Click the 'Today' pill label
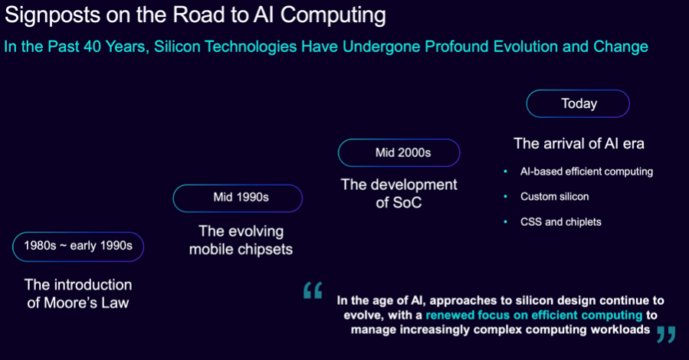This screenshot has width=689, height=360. point(578,103)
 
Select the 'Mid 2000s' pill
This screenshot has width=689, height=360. point(399,152)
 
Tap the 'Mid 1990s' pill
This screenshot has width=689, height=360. point(238,198)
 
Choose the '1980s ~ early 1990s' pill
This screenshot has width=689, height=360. point(78,247)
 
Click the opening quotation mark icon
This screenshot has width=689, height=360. point(313,290)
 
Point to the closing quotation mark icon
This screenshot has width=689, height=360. point(666,335)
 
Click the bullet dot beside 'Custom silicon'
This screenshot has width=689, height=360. point(505,196)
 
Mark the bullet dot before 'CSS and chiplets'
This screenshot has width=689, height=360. point(505,221)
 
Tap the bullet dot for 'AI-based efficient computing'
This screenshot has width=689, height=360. point(505,172)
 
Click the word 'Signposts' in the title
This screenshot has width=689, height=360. point(51,15)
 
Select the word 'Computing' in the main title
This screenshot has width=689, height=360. point(333,15)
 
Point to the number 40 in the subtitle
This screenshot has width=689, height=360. point(92,47)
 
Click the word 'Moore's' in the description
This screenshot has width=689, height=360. point(71,303)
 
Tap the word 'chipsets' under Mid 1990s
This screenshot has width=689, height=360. point(264,250)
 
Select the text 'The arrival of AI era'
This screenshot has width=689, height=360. point(579,143)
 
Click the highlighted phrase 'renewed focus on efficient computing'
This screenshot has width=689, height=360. point(534,316)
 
